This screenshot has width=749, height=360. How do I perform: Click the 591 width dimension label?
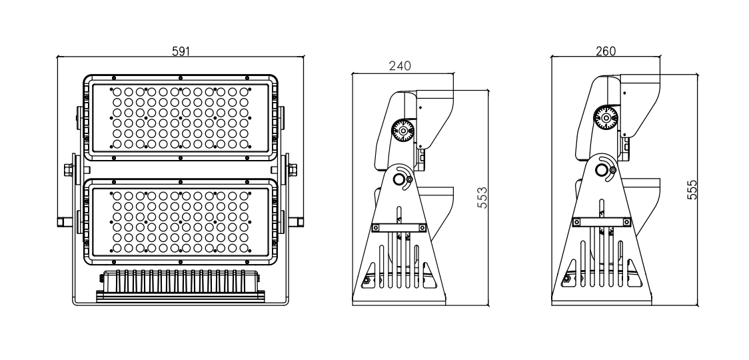pyautogui.click(x=181, y=51)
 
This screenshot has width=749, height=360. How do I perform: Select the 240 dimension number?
pyautogui.click(x=400, y=66)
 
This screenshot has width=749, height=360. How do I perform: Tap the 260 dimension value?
pyautogui.click(x=606, y=51)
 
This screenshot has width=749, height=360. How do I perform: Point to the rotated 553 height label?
pyautogui.click(x=482, y=197)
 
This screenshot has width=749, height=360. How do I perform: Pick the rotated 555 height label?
pyautogui.click(x=692, y=190)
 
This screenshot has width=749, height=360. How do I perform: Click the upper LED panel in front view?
pyautogui.click(x=181, y=117)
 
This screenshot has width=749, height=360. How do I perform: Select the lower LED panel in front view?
pyautogui.click(x=181, y=222)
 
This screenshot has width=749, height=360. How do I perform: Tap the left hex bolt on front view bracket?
pyautogui.click(x=69, y=170)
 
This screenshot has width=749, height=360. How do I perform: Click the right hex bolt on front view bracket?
pyautogui.click(x=292, y=170)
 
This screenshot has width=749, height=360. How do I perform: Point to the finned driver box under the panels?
pyautogui.click(x=181, y=287)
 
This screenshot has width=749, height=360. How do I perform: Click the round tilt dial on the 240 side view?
pyautogui.click(x=402, y=130)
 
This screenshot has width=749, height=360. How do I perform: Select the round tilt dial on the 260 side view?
pyautogui.click(x=606, y=117)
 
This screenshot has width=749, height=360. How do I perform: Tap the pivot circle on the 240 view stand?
pyautogui.click(x=399, y=179)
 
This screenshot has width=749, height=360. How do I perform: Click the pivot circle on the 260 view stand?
pyautogui.click(x=602, y=170)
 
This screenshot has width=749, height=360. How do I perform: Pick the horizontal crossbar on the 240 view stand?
pyautogui.click(x=399, y=228)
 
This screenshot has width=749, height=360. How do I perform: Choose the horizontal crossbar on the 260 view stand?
pyautogui.click(x=601, y=222)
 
